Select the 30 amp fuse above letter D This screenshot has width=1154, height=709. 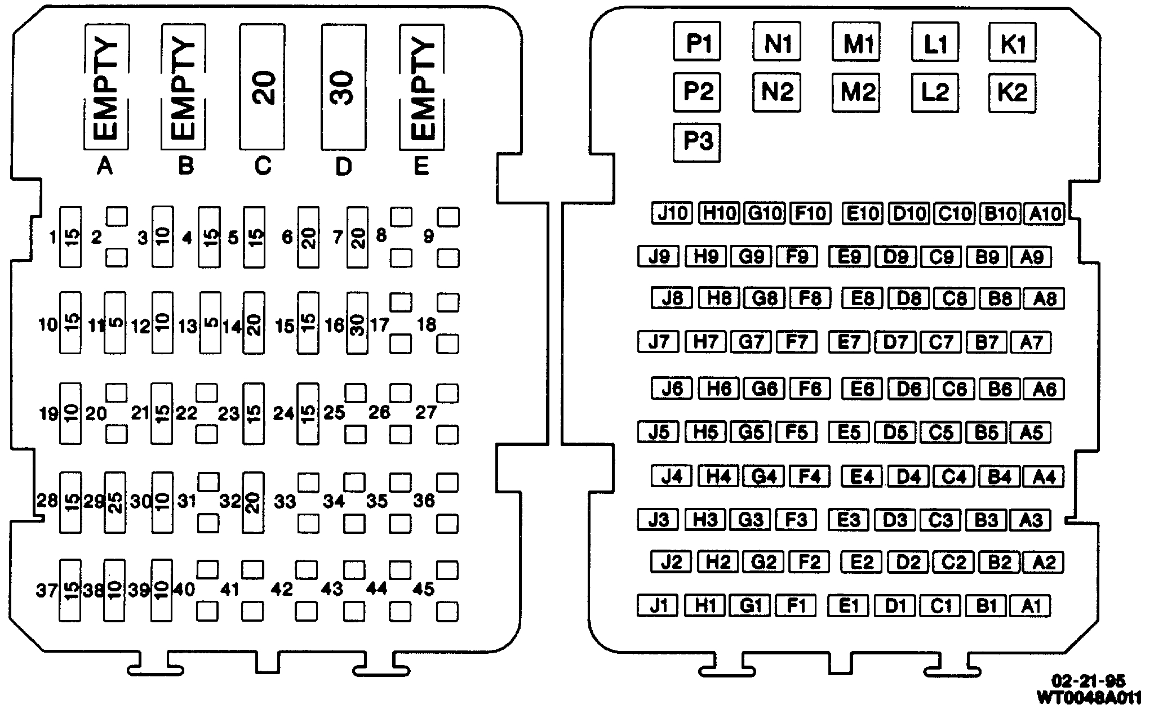pos(343,87)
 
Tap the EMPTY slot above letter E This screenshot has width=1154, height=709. pos(421,87)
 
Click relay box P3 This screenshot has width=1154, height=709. pos(697,142)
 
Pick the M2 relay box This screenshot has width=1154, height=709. pos(856,92)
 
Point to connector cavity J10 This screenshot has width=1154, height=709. pos(672,213)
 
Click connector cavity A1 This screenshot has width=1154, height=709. pos(1030,606)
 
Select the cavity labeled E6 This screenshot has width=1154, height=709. pos(862,389)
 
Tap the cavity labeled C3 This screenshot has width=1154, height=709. pos(940,520)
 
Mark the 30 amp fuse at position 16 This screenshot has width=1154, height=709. pos(357,323)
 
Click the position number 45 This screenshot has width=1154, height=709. pos(423,589)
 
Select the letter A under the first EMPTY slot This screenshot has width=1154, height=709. pos(105,166)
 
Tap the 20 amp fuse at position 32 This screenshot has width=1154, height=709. pos(253,502)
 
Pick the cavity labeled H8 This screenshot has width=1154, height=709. pos(718,298)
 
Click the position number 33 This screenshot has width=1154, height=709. pos(285,501)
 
